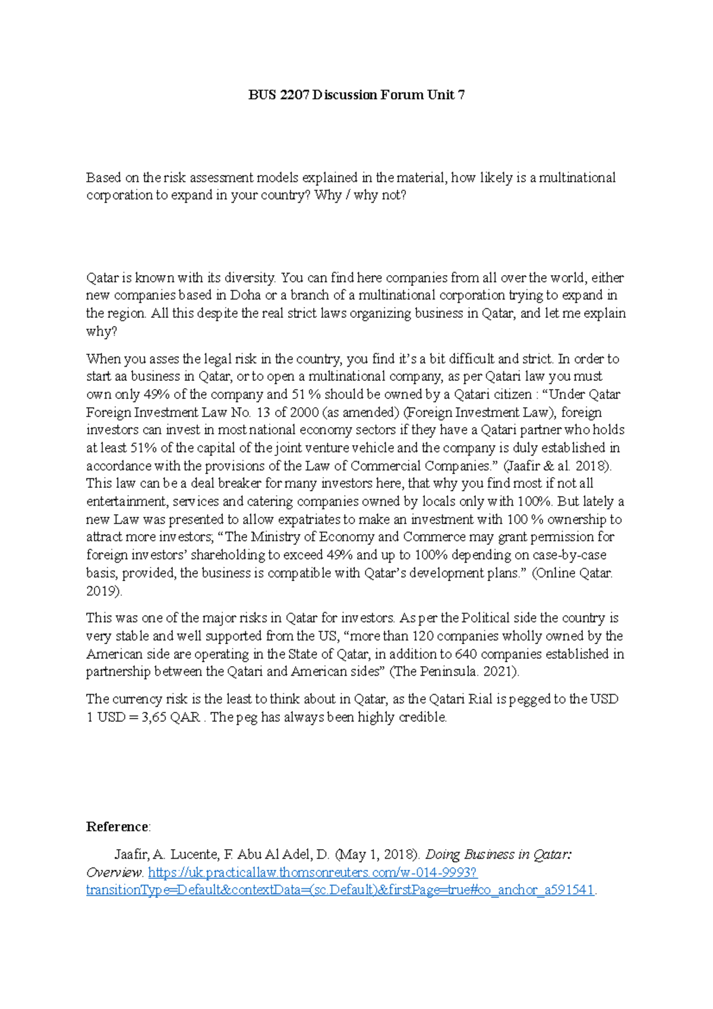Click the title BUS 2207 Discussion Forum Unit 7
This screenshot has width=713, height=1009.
pyautogui.click(x=356, y=95)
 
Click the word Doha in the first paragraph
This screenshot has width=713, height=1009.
pyautogui.click(x=245, y=295)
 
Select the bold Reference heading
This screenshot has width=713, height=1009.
pyautogui.click(x=118, y=827)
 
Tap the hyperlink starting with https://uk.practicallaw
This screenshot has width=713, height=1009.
pyautogui.click(x=313, y=872)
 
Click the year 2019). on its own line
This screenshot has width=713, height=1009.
pyautogui.click(x=104, y=591)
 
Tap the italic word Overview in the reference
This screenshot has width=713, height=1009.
pyautogui.click(x=113, y=872)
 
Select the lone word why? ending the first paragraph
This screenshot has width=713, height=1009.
pyautogui.click(x=102, y=331)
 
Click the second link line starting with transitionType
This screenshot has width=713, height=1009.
pyautogui.click(x=340, y=890)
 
